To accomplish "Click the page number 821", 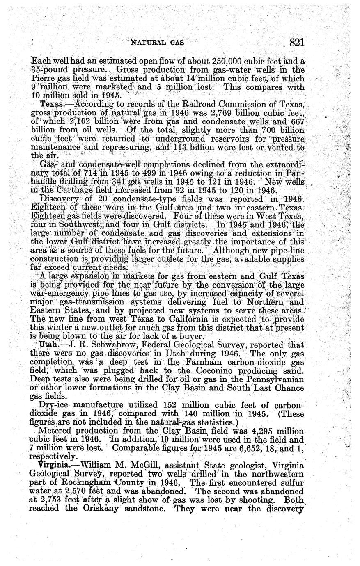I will [x=296, y=42].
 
